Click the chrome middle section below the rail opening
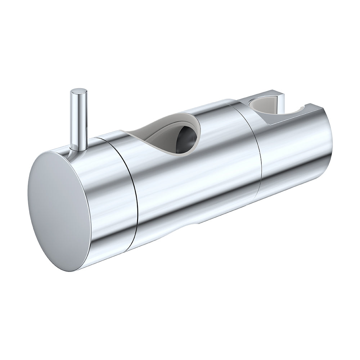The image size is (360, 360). point(194,187)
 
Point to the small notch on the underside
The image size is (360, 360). point(196,224)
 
